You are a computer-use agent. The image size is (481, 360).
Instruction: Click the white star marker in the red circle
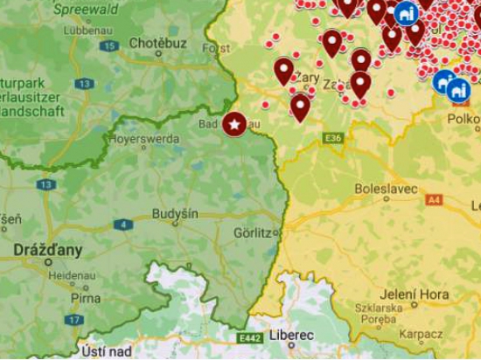[234, 124]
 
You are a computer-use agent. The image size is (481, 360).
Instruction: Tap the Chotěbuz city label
[157, 42]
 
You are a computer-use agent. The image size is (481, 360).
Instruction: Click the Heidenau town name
[64, 274]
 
